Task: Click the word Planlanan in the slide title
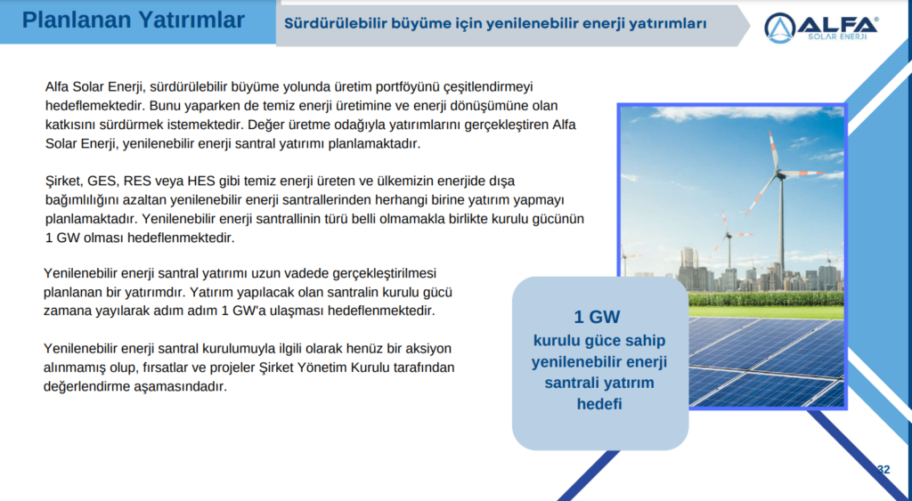click(x=73, y=20)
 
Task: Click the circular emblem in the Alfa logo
click(x=780, y=28)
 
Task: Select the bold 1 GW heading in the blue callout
click(x=597, y=318)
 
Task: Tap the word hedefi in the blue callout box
click(x=598, y=403)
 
